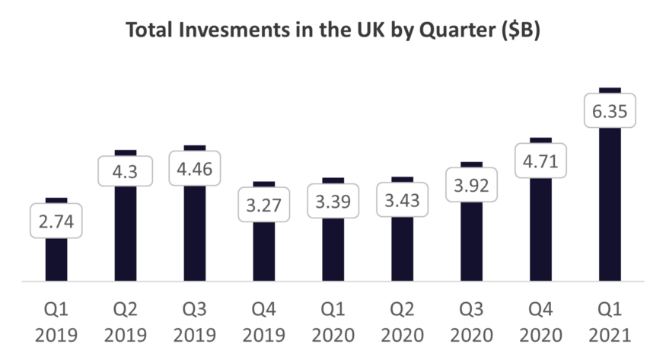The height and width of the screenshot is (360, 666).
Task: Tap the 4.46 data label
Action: click(x=195, y=170)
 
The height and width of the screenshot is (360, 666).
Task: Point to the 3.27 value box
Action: click(x=264, y=205)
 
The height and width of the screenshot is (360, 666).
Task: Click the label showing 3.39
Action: click(x=333, y=203)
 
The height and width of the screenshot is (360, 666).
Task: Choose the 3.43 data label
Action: click(x=403, y=202)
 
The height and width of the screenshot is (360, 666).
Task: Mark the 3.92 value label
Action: click(x=472, y=185)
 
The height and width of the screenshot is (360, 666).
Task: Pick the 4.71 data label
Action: click(x=541, y=161)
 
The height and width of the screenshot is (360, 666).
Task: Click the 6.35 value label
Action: click(x=610, y=111)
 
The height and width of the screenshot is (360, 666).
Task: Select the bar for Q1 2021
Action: click(x=610, y=205)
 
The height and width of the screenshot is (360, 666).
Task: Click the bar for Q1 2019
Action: click(x=56, y=259)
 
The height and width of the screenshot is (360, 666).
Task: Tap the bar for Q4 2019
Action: click(x=264, y=251)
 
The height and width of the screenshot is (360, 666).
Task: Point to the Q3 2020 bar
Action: click(x=472, y=244)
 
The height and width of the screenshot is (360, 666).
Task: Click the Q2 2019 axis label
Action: click(x=126, y=322)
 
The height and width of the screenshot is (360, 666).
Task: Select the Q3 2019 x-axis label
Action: click(x=195, y=322)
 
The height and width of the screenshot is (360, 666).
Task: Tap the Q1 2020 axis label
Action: click(x=333, y=322)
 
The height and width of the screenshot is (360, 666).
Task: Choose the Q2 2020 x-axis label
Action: click(x=403, y=322)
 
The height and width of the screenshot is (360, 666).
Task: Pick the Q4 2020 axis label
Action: click(x=541, y=322)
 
